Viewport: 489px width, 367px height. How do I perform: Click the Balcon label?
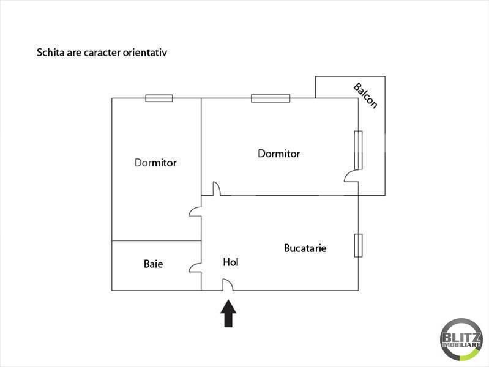[365, 95]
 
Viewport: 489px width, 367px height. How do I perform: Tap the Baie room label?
[153, 264]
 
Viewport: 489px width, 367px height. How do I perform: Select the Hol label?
[231, 262]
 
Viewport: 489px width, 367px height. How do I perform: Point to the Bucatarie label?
[305, 248]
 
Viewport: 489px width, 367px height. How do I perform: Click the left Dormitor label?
[155, 163]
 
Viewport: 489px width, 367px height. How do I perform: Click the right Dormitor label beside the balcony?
[279, 154]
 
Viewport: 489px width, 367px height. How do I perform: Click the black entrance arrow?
[228, 313]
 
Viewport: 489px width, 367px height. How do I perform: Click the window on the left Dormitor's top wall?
[159, 98]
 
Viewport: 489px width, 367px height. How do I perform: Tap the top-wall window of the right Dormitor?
[271, 98]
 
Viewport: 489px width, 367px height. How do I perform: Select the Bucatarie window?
[358, 245]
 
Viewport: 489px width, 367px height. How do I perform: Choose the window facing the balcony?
[358, 150]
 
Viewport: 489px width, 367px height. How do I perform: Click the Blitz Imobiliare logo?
[461, 339]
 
